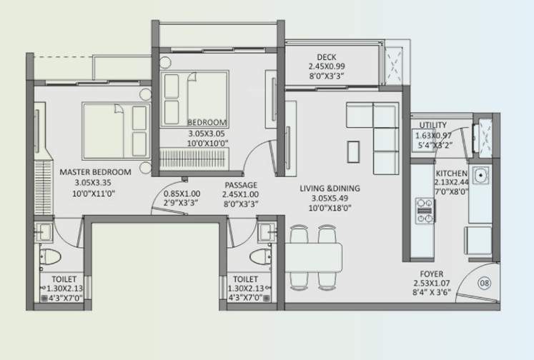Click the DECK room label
click(x=327, y=58)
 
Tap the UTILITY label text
click(x=433, y=126)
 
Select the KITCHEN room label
click(x=451, y=174)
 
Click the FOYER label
click(x=432, y=274)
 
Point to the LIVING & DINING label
click(x=330, y=189)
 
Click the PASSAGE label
click(x=239, y=184)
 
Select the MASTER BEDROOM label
click(x=95, y=172)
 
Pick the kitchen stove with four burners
click(x=425, y=211)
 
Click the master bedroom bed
click(x=115, y=129)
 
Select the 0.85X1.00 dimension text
click(x=181, y=194)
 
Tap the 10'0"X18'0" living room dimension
click(x=330, y=209)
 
